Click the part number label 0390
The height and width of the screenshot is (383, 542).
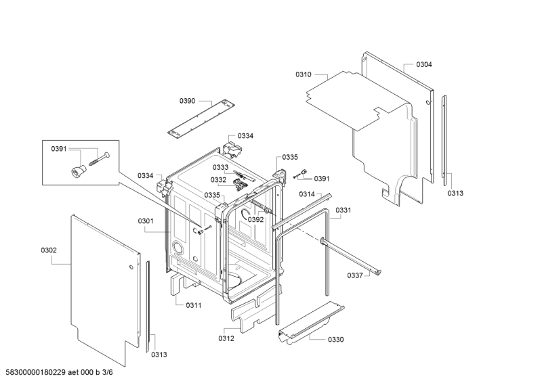point(187,101)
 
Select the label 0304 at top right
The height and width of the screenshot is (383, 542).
point(424,64)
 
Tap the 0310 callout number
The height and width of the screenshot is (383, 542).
point(303,74)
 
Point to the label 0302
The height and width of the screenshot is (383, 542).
point(49,250)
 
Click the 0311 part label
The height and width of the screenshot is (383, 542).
point(194,305)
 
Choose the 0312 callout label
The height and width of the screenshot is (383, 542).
point(226,338)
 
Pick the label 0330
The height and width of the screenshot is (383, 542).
point(335,340)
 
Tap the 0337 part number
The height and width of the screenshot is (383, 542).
point(355,275)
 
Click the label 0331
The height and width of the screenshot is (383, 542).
point(343,210)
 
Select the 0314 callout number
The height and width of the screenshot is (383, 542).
point(307,194)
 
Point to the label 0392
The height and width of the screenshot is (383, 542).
point(256,220)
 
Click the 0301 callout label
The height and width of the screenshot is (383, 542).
point(146,221)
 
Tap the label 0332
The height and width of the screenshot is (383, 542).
point(218,179)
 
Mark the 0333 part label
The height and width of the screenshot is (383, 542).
point(221,168)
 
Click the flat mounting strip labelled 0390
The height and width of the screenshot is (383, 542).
point(201,118)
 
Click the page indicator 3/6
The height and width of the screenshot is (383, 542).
point(108,372)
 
